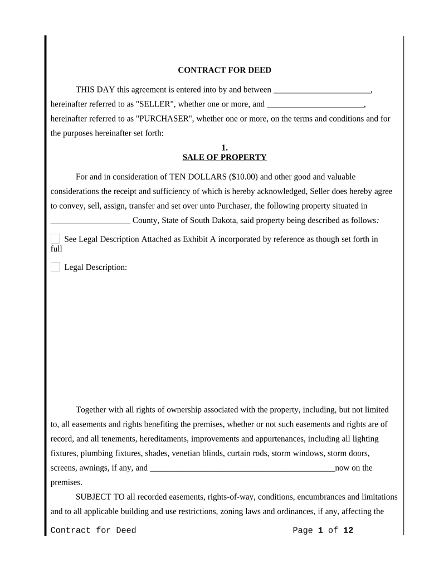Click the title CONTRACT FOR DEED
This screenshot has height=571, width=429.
click(225, 70)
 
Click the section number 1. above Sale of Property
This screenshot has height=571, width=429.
click(225, 148)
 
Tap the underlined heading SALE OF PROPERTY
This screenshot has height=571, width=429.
click(225, 157)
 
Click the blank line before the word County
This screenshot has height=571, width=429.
click(90, 221)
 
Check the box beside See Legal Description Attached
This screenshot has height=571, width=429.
click(55, 239)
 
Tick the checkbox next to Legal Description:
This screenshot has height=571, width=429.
click(55, 267)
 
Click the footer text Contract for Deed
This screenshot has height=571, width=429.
click(93, 530)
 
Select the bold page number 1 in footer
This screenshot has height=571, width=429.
click(321, 530)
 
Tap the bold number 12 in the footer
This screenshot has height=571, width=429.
click(348, 530)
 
